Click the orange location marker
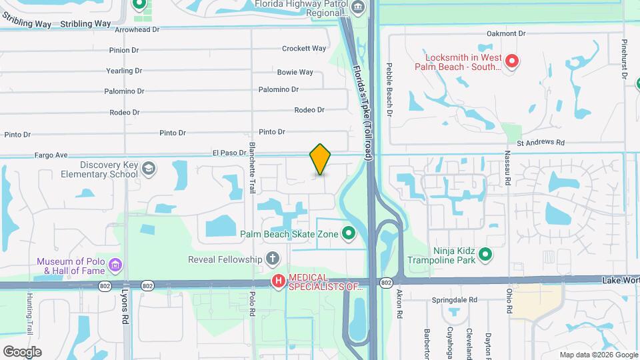click(x=320, y=159)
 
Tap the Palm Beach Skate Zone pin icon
click(x=348, y=233)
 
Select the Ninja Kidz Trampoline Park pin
click(x=486, y=254)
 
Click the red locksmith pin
click(x=512, y=62)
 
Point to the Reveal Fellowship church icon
click(x=272, y=259)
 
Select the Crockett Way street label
click(x=304, y=49)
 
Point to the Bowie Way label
click(x=295, y=72)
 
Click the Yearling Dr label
click(x=125, y=71)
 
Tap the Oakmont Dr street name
click(x=506, y=33)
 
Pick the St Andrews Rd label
click(x=541, y=143)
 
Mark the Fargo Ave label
click(x=52, y=155)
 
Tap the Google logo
click(x=22, y=351)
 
